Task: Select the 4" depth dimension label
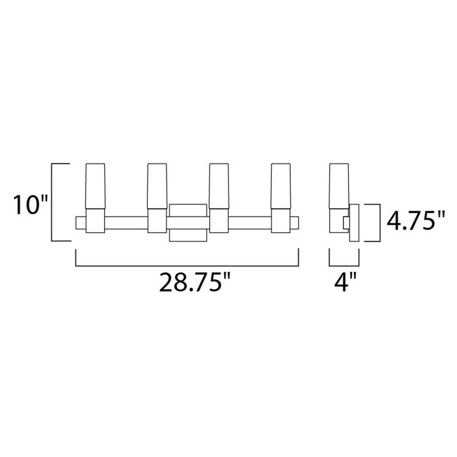pyautogui.click(x=344, y=283)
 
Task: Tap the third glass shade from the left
pyautogui.click(x=218, y=186)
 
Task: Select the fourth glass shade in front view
pyautogui.click(x=280, y=186)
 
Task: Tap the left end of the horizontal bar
pyautogui.click(x=80, y=222)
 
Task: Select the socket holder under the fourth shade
pyautogui.click(x=280, y=221)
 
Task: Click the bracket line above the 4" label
pyautogui.click(x=344, y=265)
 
